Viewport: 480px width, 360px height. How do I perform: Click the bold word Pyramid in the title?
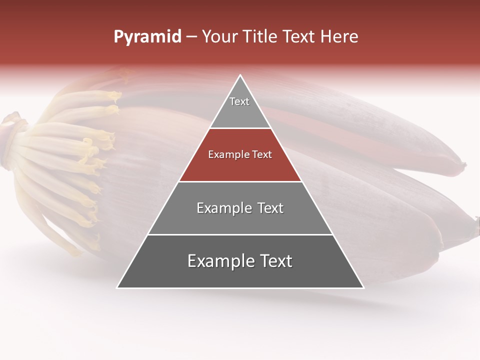pos(147,36)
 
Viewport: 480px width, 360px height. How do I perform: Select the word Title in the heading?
pos(260,36)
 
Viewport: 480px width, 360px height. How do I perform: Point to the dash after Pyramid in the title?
pos(191,37)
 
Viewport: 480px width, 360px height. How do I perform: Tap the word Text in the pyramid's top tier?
pos(239,101)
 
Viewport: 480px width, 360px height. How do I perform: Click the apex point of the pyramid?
pos(240,76)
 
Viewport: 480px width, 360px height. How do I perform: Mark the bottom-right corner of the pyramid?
pos(363,287)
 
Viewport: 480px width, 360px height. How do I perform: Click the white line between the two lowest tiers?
pos(240,234)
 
